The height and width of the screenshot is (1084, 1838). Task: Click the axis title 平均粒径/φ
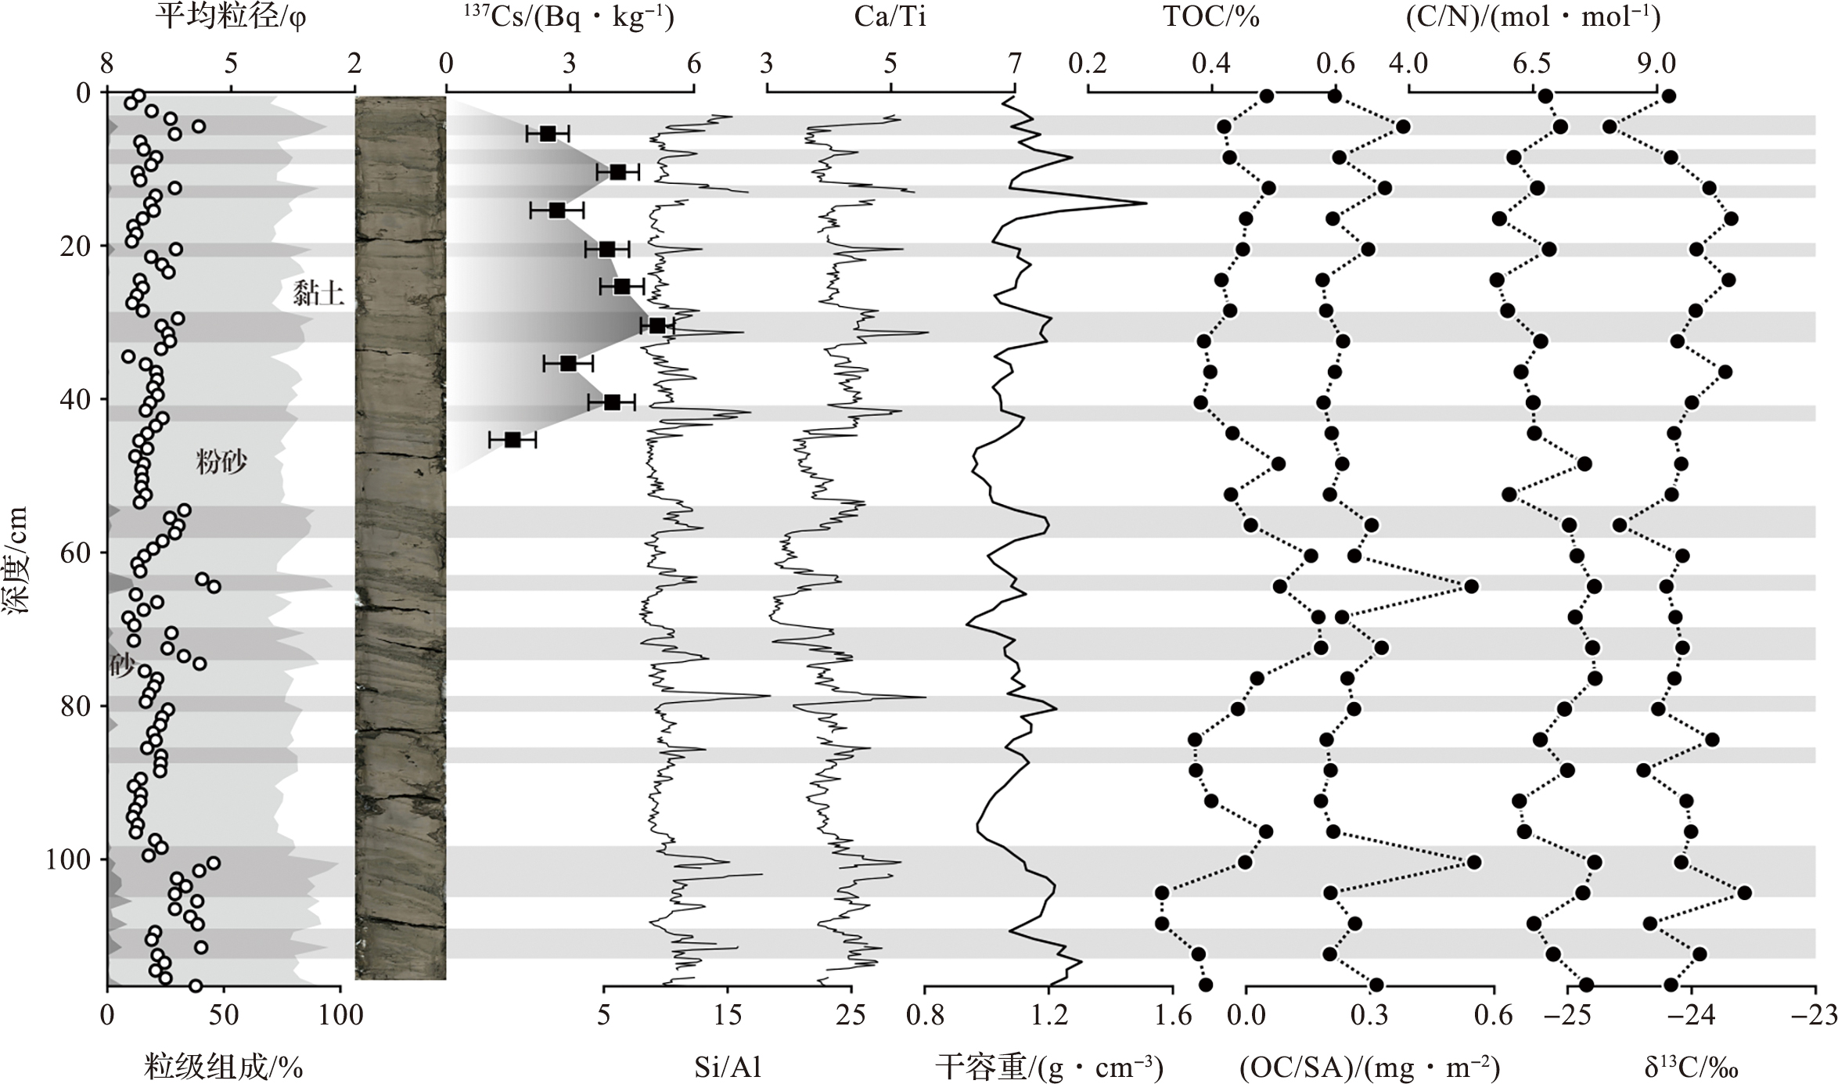(x=230, y=17)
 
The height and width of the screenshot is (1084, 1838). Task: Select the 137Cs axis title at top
(x=569, y=17)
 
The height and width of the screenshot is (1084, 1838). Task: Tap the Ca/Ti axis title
(x=890, y=17)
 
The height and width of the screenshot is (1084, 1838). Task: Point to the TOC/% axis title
(x=1210, y=17)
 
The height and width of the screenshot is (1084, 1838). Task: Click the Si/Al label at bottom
(x=728, y=1068)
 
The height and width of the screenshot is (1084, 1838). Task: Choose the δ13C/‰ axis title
(x=1690, y=1068)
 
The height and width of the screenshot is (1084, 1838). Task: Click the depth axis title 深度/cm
(x=17, y=559)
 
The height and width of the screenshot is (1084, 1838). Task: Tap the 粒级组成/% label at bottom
(x=223, y=1068)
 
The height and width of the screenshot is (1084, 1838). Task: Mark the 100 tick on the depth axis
(x=68, y=859)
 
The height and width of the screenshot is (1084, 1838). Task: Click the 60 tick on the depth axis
(x=76, y=553)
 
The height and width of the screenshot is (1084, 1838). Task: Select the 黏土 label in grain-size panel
(x=318, y=294)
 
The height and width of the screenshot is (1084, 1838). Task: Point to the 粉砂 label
(x=221, y=462)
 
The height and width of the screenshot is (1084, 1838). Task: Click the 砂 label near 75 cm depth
(x=121, y=666)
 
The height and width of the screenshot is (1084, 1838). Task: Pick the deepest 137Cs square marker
(x=513, y=440)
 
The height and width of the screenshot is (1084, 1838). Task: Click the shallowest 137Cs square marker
(x=548, y=134)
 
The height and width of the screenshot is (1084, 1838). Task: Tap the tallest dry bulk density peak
(x=1146, y=203)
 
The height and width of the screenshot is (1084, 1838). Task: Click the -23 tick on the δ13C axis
(x=1815, y=1016)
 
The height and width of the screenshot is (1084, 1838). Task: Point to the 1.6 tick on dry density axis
(x=1173, y=1016)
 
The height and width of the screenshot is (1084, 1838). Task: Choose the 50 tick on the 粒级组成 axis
(x=224, y=1016)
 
